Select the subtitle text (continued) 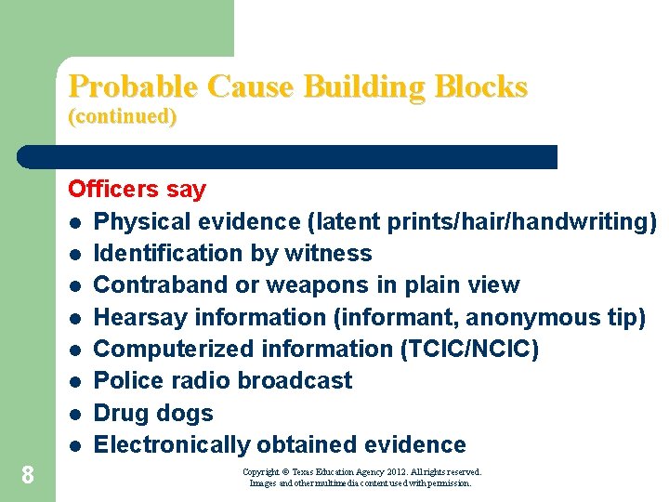pos(123,117)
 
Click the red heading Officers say pos(137,190)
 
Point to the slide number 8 pos(28,476)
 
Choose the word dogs pos(186,414)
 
